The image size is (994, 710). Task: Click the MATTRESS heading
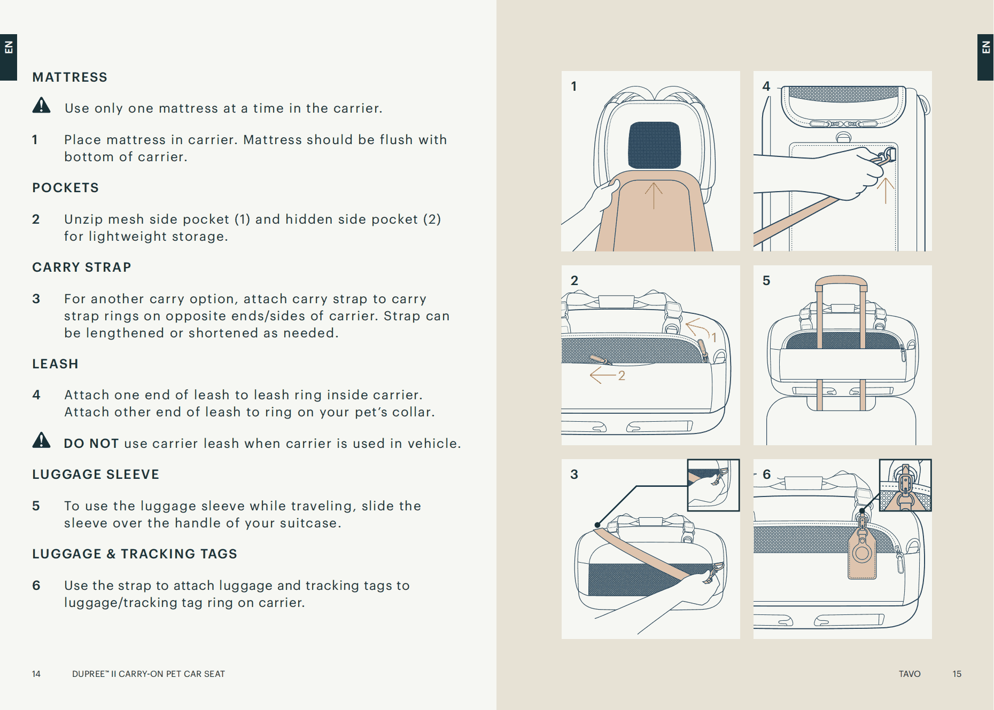(69, 77)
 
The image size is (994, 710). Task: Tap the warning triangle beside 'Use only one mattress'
(41, 106)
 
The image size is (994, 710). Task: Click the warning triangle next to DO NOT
(41, 440)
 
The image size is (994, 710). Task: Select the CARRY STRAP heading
(81, 267)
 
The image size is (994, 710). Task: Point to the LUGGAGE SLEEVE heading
(96, 475)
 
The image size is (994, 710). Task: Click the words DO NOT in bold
(91, 444)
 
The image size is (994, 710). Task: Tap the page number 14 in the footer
(36, 674)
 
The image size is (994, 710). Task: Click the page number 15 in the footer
(957, 674)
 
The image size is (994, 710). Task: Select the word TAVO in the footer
(909, 674)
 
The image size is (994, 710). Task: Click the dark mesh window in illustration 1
(654, 145)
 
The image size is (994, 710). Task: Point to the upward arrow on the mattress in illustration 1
(654, 195)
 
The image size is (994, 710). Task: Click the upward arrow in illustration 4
(886, 190)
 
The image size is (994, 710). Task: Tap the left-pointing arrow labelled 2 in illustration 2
(602, 375)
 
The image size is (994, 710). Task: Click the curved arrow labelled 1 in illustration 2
(697, 327)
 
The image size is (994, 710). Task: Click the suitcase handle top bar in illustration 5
(841, 281)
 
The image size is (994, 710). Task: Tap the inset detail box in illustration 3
(713, 485)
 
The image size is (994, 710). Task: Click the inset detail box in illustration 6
(905, 485)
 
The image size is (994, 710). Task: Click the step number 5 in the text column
(36, 506)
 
